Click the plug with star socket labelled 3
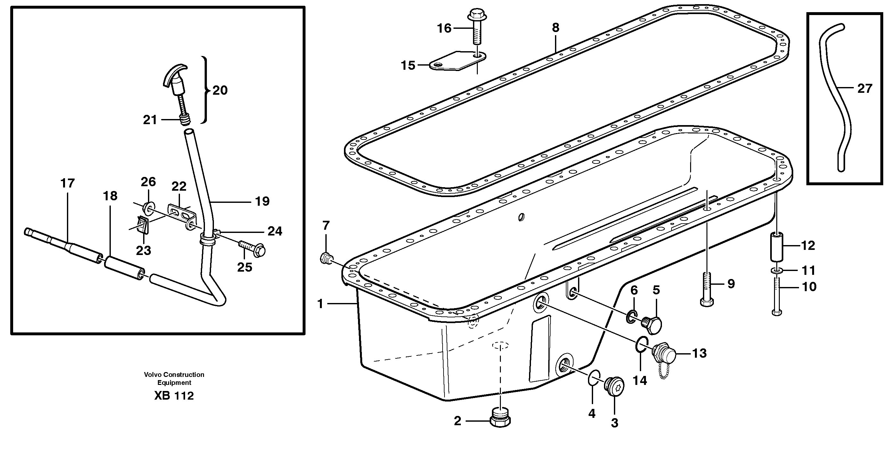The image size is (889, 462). point(615,386)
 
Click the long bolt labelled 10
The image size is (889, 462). point(777,297)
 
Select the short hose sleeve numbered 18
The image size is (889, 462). point(125,268)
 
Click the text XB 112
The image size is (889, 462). point(174,396)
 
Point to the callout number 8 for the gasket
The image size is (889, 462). point(555,28)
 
